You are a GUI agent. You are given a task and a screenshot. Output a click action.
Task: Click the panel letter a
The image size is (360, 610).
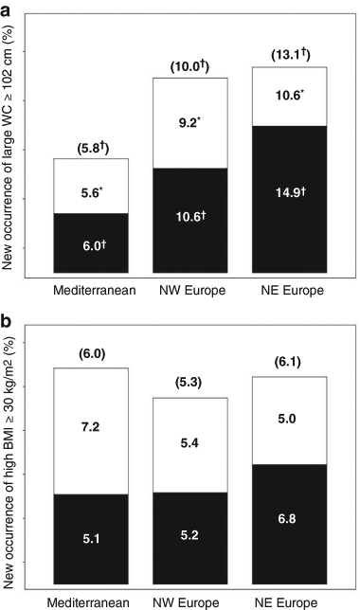(x=9, y=10)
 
